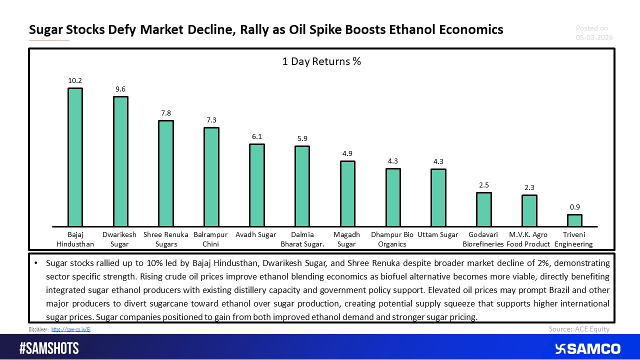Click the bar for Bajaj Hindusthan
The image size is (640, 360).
tap(75, 157)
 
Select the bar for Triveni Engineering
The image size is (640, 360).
tap(574, 220)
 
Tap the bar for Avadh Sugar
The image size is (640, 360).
tap(257, 185)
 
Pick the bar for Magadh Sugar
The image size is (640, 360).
tap(347, 193)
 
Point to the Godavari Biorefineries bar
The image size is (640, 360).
tap(483, 209)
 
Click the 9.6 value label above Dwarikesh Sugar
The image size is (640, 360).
tap(120, 89)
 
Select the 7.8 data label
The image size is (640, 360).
tap(166, 113)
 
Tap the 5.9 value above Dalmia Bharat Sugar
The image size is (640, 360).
tap(302, 138)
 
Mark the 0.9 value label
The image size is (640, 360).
tap(574, 207)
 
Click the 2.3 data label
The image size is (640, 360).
tap(529, 187)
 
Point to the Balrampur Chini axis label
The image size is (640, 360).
tap(211, 239)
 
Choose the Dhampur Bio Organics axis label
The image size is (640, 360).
tap(392, 239)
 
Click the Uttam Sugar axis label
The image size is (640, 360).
tap(438, 235)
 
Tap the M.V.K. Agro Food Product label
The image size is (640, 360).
tap(528, 239)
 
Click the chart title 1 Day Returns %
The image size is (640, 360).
tap(321, 61)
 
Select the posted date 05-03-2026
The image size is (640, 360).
tap(594, 37)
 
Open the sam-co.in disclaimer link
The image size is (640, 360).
tap(71, 329)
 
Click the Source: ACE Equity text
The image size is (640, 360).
tap(579, 329)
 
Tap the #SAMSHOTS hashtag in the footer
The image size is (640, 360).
tap(49, 348)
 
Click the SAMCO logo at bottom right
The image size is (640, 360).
tap(587, 348)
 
